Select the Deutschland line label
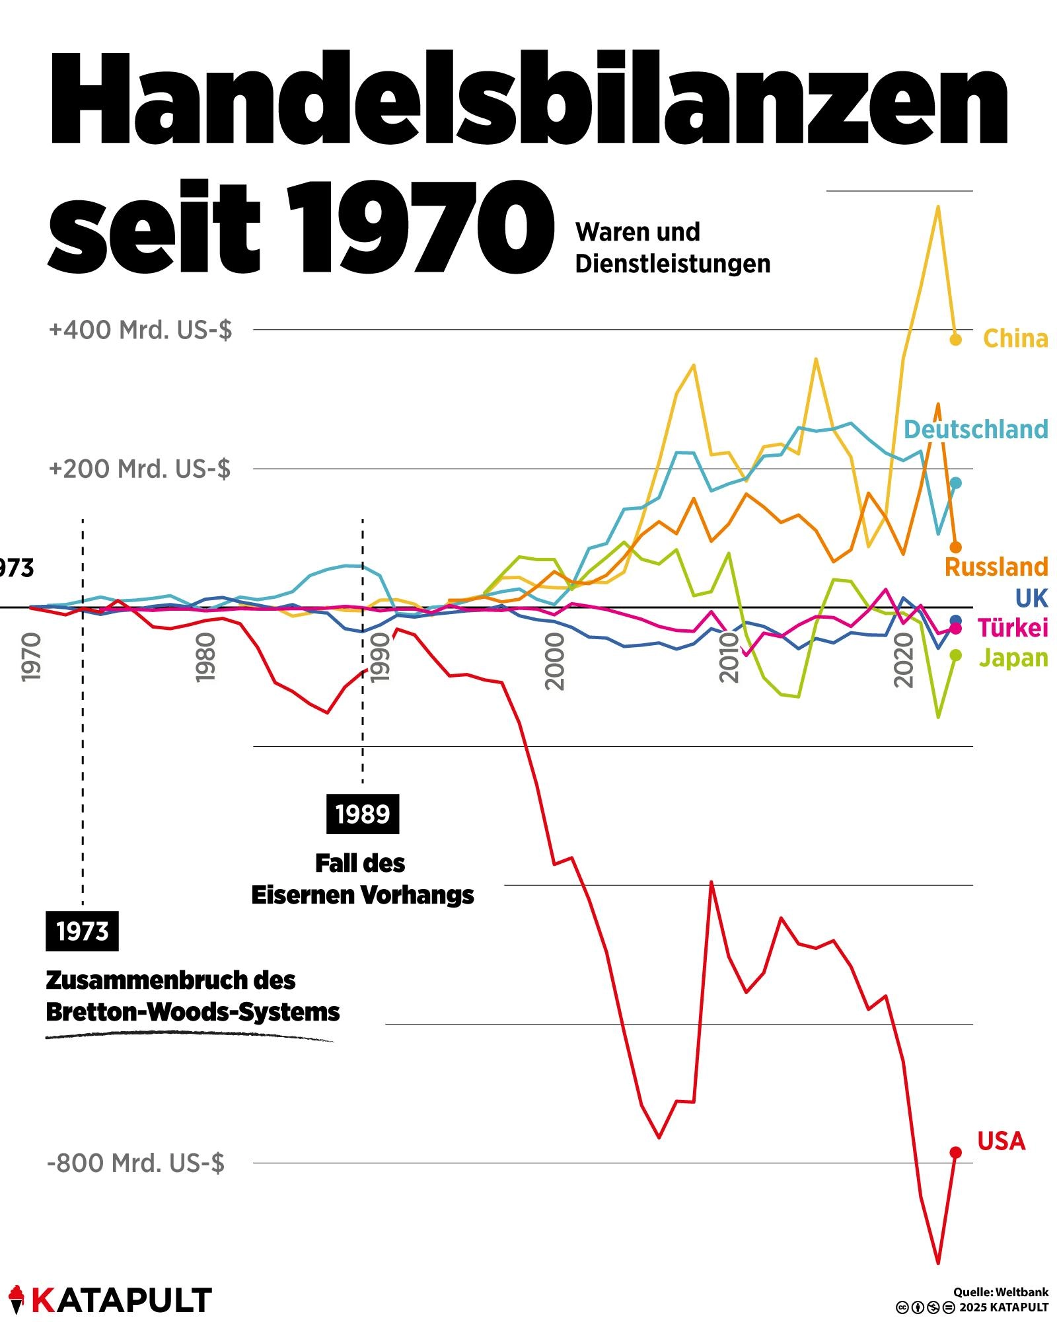[x=976, y=430]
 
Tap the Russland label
[x=996, y=566]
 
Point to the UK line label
[x=1031, y=598]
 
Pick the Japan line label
[x=1013, y=658]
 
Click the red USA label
[x=1002, y=1141]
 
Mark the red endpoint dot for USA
[x=955, y=1152]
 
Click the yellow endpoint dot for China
[x=955, y=340]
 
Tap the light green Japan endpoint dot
[x=955, y=655]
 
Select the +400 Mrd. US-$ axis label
[x=140, y=329]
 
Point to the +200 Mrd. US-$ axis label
[x=139, y=469]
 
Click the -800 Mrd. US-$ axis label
[x=135, y=1163]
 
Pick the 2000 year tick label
[x=556, y=662]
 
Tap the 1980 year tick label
[x=206, y=658]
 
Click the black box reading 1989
[x=363, y=814]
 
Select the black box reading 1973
[x=82, y=931]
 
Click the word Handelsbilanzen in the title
[x=528, y=99]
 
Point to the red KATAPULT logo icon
[x=16, y=1299]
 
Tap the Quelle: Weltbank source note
[x=1000, y=1292]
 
